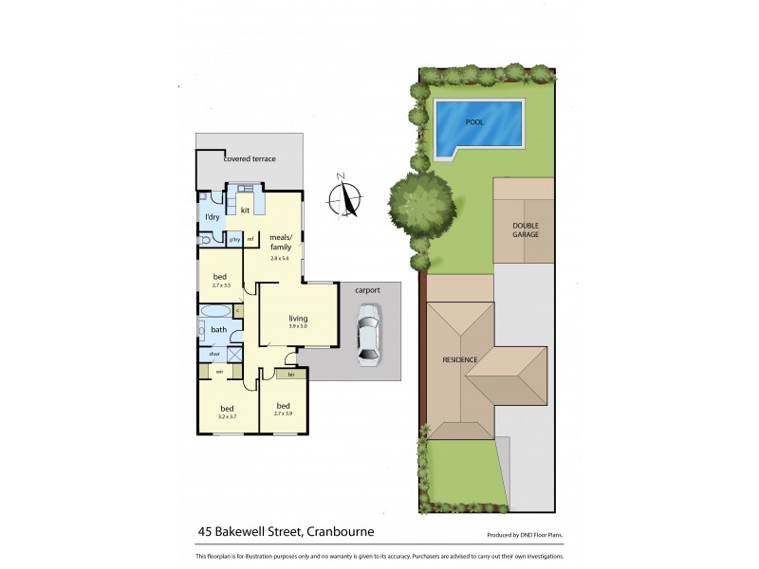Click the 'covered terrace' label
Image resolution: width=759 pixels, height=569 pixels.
tap(250, 159)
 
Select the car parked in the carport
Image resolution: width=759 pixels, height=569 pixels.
tap(367, 334)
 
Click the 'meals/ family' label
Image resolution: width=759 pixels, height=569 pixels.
tap(281, 241)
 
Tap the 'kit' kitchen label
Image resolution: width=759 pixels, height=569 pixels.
tap(245, 210)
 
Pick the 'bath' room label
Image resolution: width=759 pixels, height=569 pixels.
tap(218, 330)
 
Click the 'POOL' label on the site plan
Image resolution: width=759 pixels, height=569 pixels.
tap(474, 122)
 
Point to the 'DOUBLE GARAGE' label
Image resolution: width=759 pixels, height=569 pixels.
tap(525, 229)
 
